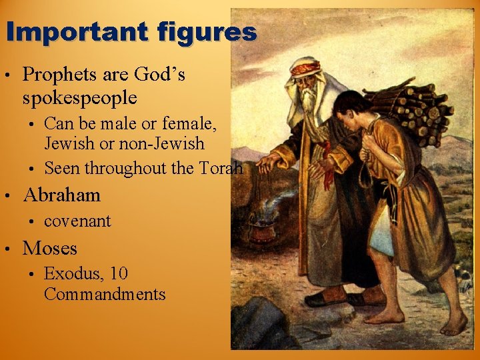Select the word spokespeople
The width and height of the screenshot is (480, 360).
pos(79,98)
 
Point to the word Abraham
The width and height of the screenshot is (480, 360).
pos(61,195)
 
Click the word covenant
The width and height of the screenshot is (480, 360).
pos(77,221)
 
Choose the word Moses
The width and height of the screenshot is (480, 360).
pos(50,248)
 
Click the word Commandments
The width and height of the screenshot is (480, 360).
pos(104,294)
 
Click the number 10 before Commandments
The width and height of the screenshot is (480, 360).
pos(119,273)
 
